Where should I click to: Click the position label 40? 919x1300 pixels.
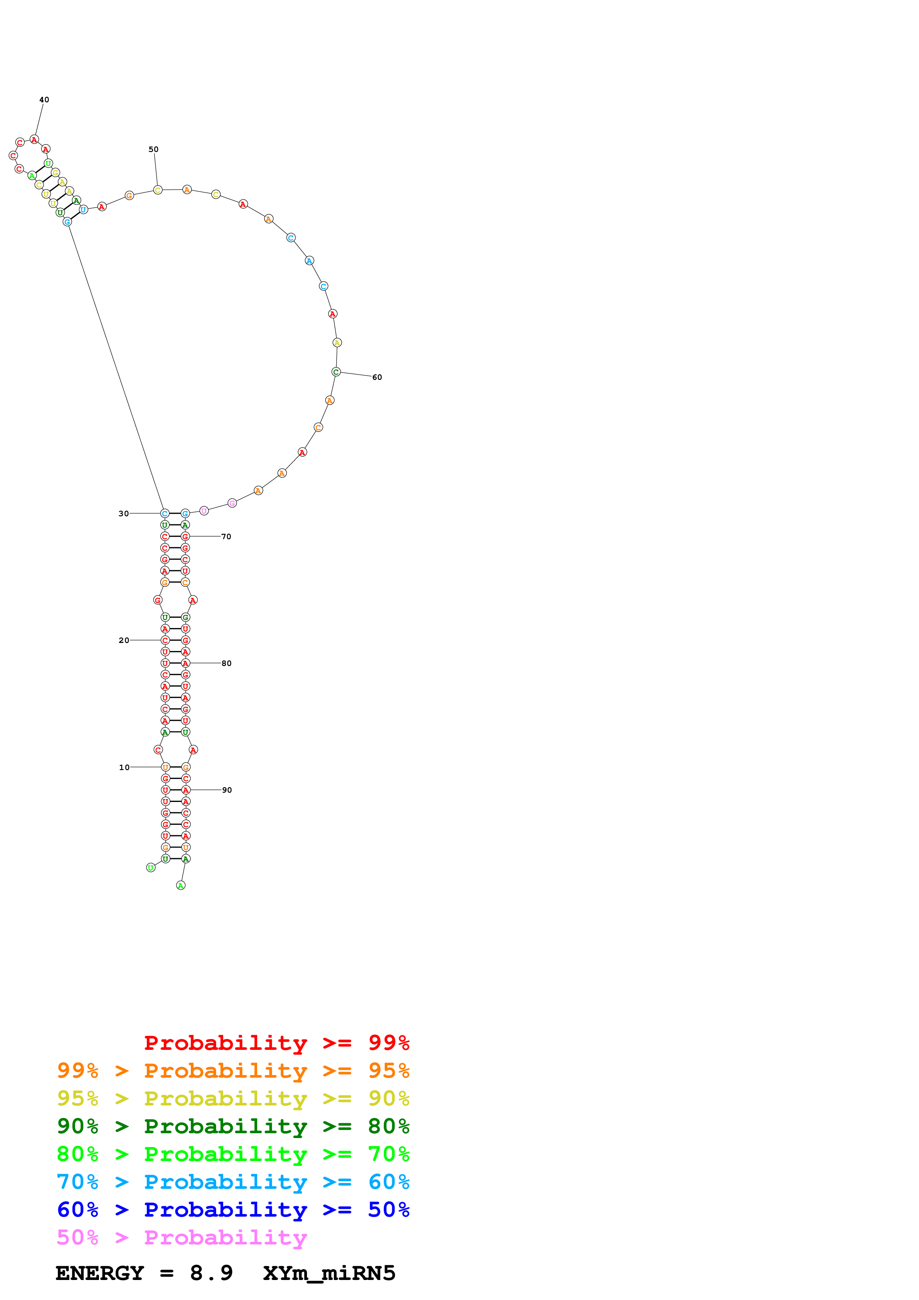[44, 100]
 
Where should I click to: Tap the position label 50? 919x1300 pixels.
[153, 149]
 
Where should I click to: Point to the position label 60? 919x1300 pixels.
[377, 377]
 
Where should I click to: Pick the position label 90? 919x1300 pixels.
[227, 790]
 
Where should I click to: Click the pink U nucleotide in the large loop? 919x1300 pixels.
[204, 511]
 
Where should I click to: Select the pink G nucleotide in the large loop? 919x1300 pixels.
[232, 503]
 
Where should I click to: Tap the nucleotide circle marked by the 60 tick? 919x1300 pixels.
[336, 372]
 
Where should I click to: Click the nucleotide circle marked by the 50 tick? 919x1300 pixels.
[158, 190]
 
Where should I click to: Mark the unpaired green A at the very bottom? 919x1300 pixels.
[181, 886]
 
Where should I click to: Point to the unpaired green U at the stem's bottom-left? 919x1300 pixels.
[151, 868]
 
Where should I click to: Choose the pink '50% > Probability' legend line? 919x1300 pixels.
[182, 1237]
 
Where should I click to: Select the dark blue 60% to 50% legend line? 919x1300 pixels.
[233, 1210]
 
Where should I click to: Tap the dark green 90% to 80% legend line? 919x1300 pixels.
[233, 1126]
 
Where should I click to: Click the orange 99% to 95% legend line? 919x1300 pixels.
[233, 1071]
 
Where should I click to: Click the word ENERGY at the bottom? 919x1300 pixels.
[100, 1273]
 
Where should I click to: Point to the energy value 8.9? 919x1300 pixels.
[211, 1273]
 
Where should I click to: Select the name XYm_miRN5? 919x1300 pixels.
[329, 1273]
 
